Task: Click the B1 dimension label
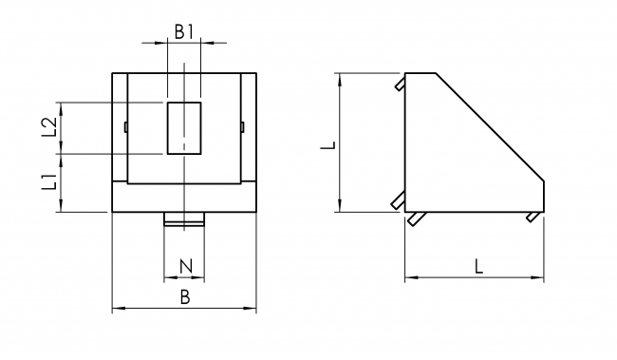tap(183, 30)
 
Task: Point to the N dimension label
tap(184, 265)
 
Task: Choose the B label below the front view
tap(185, 297)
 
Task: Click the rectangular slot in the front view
tap(183, 127)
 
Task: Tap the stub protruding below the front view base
tap(183, 220)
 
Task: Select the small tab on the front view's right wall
tap(242, 127)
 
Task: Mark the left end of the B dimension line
tap(113, 309)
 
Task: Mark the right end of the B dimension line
tap(256, 309)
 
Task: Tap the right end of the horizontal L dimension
tap(544, 278)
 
